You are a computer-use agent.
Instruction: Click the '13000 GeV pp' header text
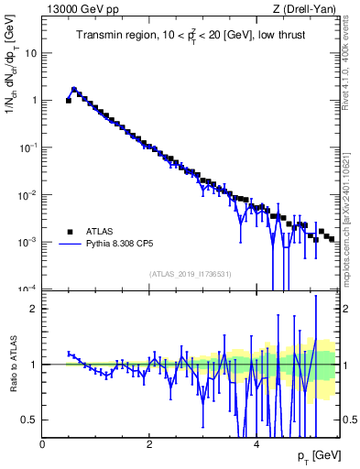click(80, 10)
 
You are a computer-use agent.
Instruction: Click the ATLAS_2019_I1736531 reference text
click(190, 274)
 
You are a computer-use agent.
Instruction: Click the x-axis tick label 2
click(149, 443)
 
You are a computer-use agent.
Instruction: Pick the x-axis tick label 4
click(256, 443)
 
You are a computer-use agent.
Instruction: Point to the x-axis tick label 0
click(42, 443)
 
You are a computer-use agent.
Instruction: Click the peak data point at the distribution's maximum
click(74, 90)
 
